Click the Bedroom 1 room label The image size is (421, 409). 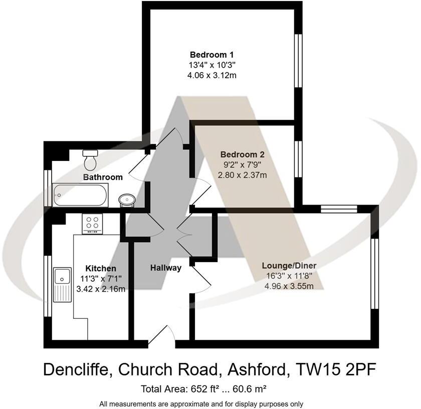212,55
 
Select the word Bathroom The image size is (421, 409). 103,177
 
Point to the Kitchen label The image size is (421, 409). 100,269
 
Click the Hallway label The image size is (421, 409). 166,268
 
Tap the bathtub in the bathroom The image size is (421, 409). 80,195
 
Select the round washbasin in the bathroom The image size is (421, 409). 126,200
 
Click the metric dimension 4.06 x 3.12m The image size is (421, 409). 212,75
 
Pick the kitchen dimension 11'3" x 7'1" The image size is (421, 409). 100,279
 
